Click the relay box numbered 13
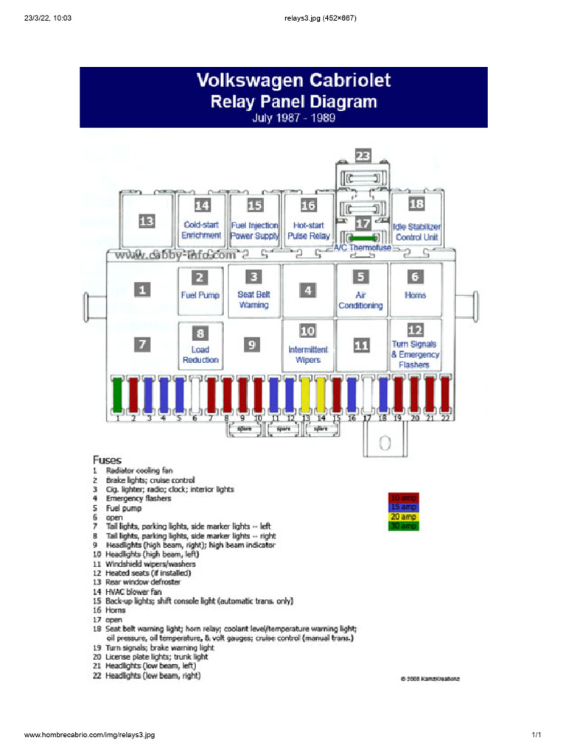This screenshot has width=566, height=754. coord(147,220)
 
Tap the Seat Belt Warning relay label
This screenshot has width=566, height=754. coord(254,299)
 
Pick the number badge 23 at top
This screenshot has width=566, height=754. coord(363,155)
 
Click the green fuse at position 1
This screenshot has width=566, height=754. coord(117,394)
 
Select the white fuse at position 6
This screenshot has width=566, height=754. coord(195,394)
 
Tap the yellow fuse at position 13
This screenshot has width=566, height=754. coord(306,394)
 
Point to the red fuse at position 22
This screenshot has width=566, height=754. coord(446,394)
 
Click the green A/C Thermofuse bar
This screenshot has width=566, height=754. coord(364,238)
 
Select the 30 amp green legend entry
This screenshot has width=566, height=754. coord(404,526)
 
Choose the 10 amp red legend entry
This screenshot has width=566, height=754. coord(404,498)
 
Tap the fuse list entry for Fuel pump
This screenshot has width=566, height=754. coord(123,508)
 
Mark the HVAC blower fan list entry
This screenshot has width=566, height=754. coord(133,591)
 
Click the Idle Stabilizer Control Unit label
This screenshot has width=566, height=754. coord(416,232)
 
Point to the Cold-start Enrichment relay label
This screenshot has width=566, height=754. coord(201,230)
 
